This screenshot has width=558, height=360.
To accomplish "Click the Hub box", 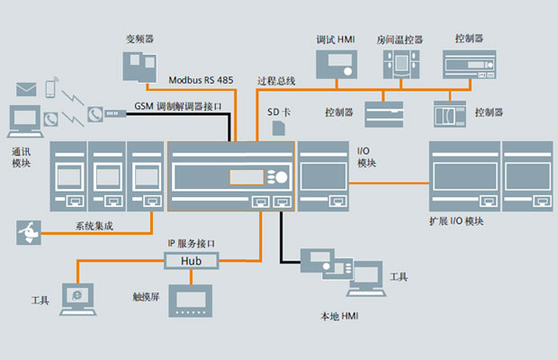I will [x=191, y=260].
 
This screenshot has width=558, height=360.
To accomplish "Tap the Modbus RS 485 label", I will [x=201, y=80].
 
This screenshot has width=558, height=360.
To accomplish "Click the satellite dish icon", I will [x=27, y=232].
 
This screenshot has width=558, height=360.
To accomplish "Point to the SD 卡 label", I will [x=280, y=112].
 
